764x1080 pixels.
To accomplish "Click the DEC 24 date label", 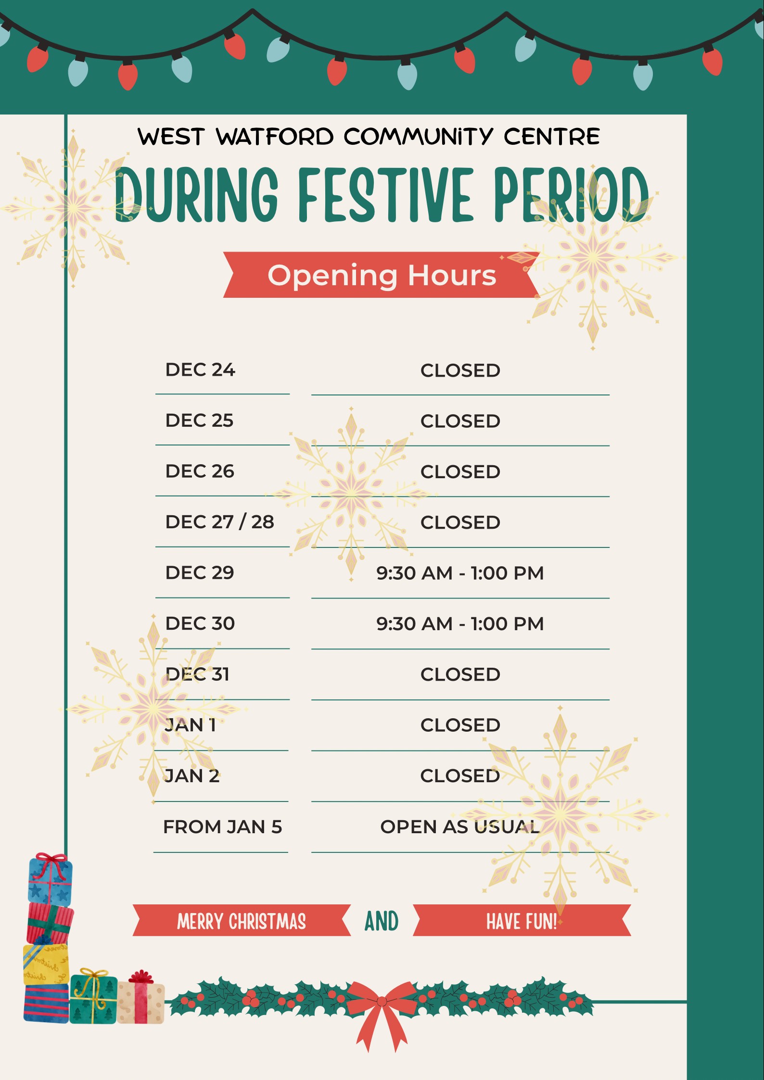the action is [200, 369].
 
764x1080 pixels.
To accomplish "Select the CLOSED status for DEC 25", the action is [460, 421].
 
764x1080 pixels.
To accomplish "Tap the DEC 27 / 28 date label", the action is [220, 522].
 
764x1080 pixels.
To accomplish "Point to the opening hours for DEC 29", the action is [460, 573].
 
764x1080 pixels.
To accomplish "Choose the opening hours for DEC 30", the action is [460, 623].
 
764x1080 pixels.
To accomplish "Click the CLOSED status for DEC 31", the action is [460, 674].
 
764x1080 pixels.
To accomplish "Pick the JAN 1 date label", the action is [191, 725].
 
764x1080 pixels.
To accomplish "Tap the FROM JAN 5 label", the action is [222, 826].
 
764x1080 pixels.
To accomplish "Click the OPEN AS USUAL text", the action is [460, 826].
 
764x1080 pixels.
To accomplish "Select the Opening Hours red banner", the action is [382, 275].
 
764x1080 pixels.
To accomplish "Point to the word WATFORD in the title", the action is [275, 137].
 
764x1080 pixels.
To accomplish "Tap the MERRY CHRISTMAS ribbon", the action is [242, 921].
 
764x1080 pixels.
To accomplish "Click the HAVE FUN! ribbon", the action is [522, 921].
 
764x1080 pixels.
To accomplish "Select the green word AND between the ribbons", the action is [382, 921].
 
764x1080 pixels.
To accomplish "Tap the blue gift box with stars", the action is [50, 880].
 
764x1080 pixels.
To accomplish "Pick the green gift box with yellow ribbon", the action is [94, 996].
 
